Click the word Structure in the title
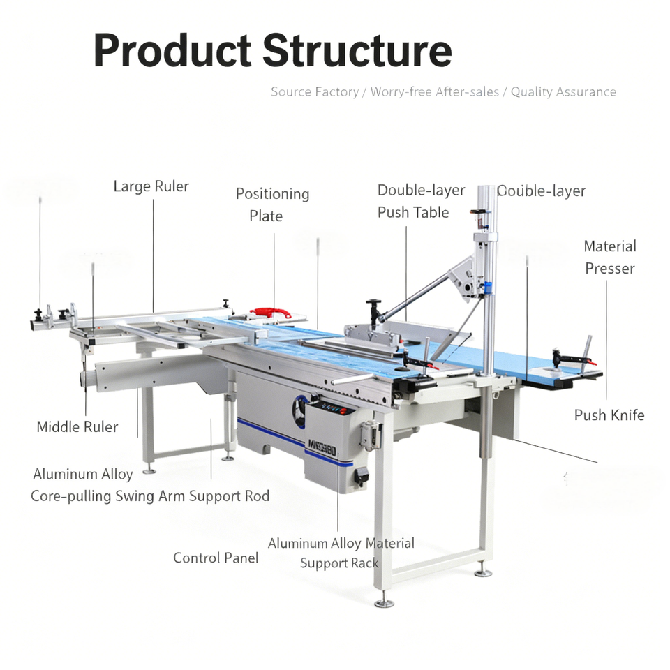click(357, 50)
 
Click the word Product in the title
click(172, 50)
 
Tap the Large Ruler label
click(151, 186)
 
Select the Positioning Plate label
click(271, 204)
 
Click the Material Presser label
click(609, 257)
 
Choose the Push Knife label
click(609, 415)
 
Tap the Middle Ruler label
click(77, 426)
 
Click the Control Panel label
click(216, 558)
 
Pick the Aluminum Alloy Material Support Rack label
click(341, 553)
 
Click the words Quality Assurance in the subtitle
click(563, 91)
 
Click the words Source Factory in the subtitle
click(314, 91)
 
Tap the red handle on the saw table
click(271, 312)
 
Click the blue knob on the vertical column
click(489, 286)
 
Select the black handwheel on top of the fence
click(374, 304)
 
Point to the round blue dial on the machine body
click(301, 412)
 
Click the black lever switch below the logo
click(362, 477)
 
